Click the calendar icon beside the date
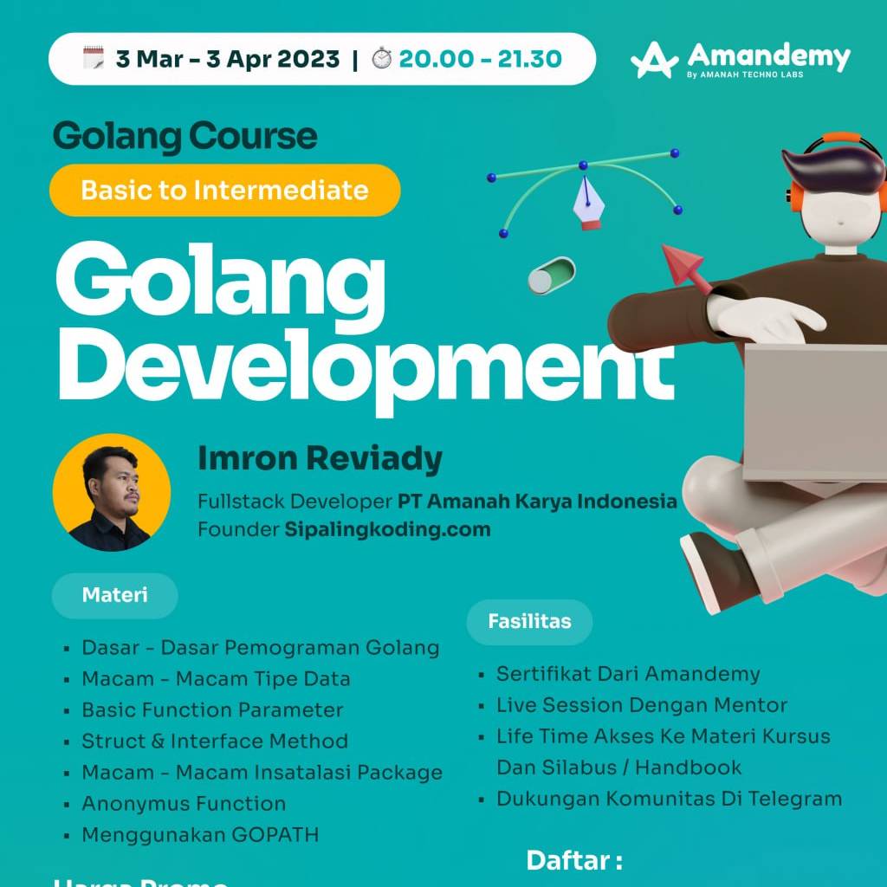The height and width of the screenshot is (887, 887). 94,59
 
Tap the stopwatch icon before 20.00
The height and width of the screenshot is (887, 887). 381,59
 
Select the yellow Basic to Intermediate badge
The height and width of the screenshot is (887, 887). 225,190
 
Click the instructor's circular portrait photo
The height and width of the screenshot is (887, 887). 111,493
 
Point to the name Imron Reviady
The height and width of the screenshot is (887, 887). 320,458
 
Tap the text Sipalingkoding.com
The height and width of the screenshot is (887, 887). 387,529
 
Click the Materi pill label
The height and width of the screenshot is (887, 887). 114,595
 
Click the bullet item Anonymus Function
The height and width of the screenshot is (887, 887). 184,804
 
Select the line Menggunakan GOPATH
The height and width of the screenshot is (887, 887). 200,835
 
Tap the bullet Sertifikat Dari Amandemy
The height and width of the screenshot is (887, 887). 628,674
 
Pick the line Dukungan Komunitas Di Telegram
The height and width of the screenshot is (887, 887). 669,799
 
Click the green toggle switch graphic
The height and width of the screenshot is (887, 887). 551,275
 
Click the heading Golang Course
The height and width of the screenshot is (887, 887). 185,136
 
